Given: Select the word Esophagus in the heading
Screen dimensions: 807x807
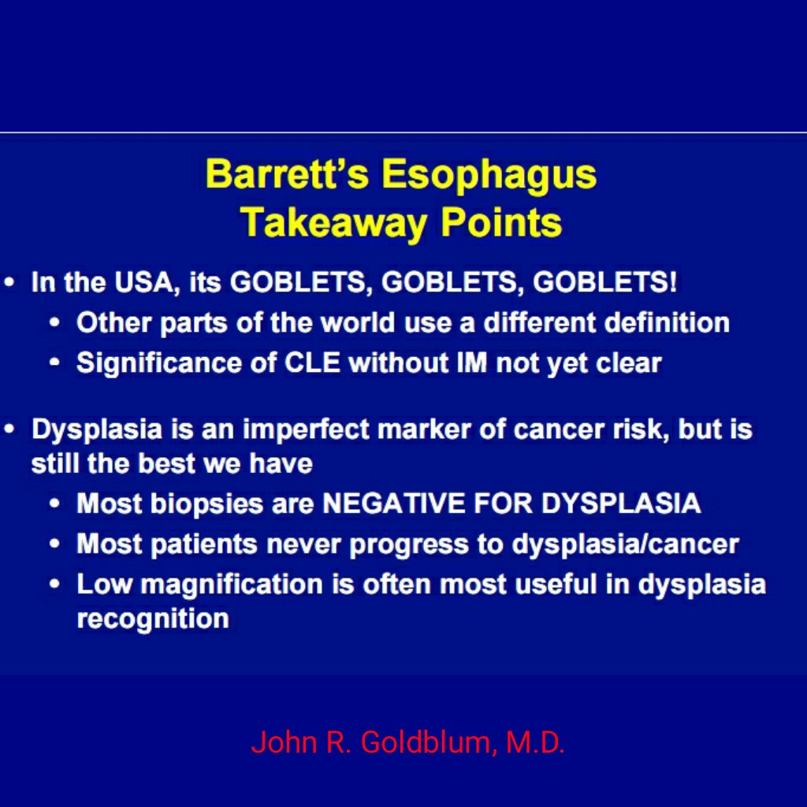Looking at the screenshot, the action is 489,175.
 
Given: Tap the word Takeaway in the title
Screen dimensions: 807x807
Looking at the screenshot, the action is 334,223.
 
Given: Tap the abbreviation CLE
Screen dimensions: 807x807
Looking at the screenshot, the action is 312,363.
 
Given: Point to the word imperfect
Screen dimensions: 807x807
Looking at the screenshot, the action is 306,430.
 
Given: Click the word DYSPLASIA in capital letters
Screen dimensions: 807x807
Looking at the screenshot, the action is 620,503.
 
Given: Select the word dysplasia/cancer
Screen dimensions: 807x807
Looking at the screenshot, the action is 625,545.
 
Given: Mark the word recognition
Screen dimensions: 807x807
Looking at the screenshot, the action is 153,619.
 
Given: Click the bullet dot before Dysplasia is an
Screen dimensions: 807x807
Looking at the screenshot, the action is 9,428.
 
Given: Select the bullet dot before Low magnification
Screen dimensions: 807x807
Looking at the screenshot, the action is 54,584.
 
